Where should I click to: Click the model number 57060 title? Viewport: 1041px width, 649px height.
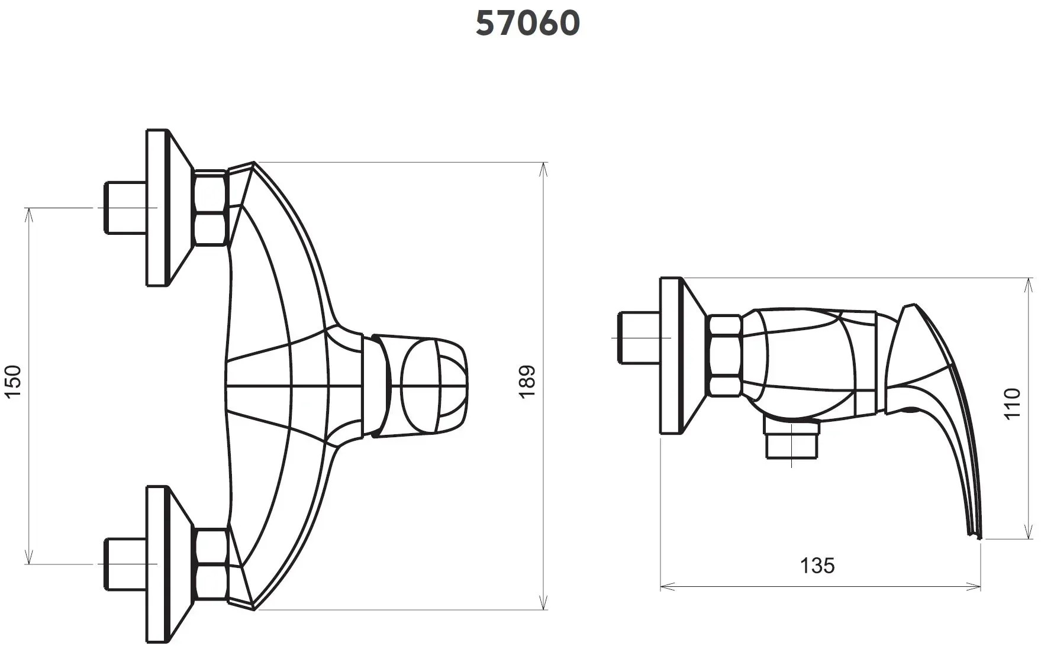[528, 24]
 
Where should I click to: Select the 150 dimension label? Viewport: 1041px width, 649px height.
[13, 382]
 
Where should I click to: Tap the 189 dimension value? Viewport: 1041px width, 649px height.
[527, 382]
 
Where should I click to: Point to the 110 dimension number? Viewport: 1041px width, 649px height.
[1013, 403]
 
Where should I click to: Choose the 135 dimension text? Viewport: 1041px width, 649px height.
[817, 566]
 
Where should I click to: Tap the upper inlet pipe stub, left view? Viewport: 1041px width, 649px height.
[125, 208]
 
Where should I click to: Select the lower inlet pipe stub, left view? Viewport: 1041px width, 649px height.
[125, 564]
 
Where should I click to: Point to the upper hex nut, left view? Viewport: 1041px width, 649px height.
[211, 208]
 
